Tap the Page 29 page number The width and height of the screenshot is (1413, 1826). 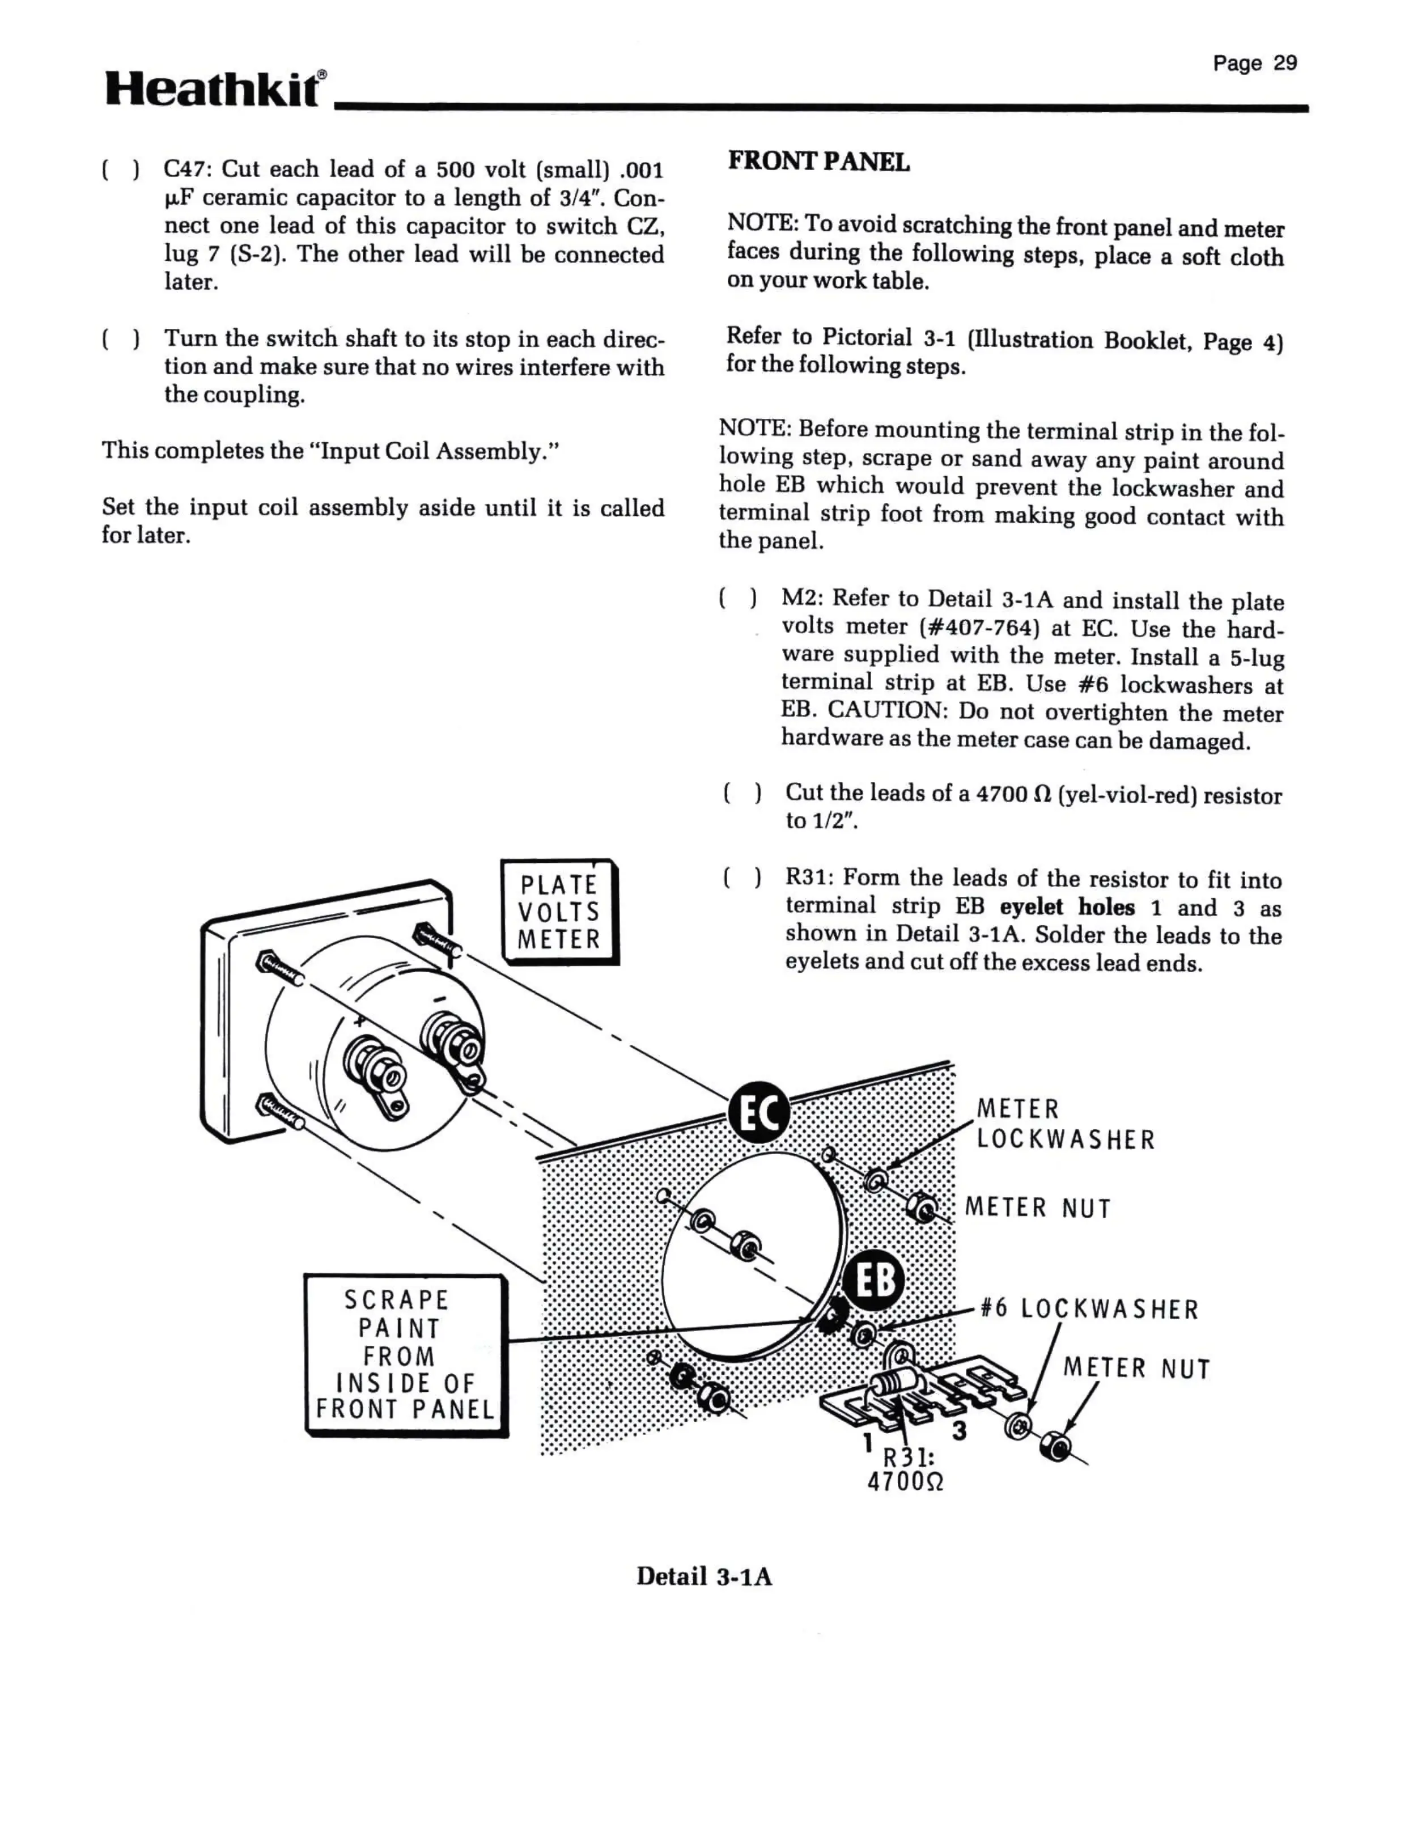(1254, 63)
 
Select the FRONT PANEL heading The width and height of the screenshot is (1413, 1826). (818, 162)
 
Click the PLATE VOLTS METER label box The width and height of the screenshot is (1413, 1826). (559, 912)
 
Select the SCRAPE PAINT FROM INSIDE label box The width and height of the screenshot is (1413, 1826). (405, 1354)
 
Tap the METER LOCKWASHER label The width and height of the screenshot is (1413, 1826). (1064, 1125)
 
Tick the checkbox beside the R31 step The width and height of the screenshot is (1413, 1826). (741, 878)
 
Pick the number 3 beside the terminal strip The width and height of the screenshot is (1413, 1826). (960, 1430)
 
